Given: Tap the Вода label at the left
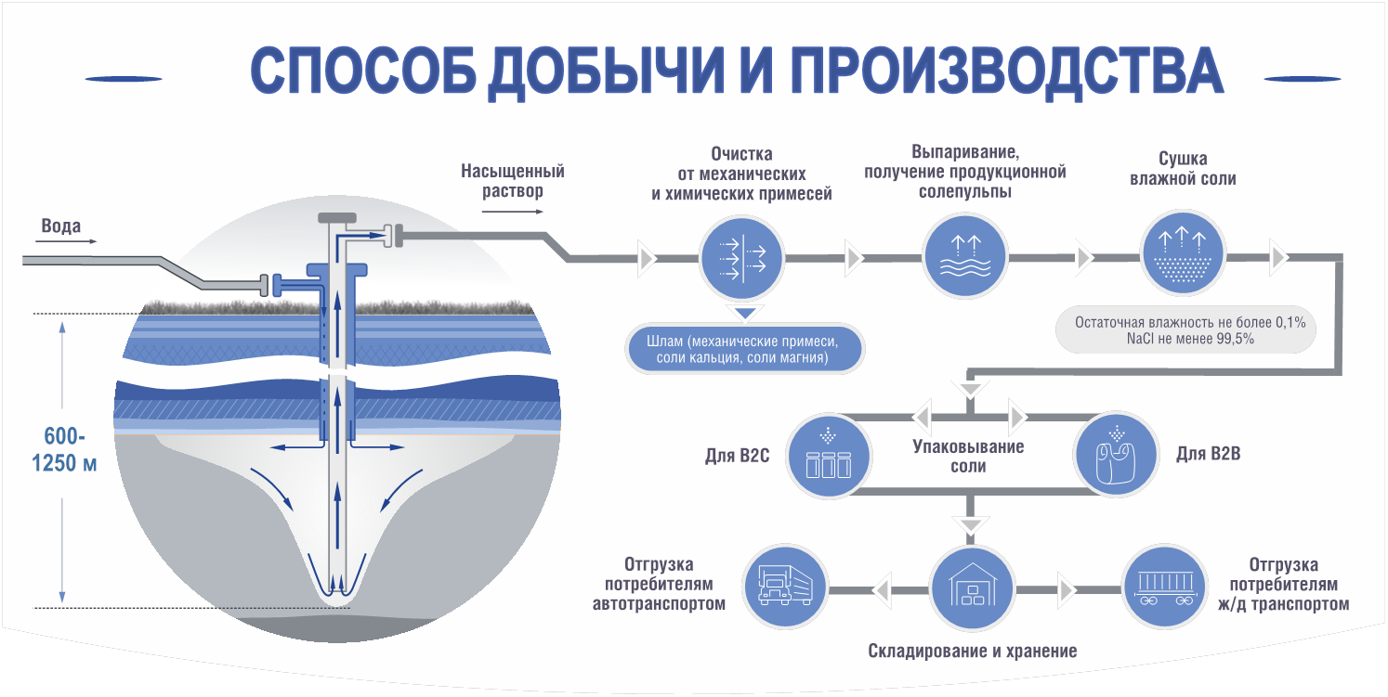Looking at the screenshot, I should point(61,226).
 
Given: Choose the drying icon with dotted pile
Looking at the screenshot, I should point(1179,257).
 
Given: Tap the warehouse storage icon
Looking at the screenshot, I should point(969,589).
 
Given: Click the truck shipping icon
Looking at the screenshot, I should point(785,589).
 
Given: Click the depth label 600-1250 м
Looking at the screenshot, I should point(63,448).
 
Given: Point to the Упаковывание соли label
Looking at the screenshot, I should point(968,457).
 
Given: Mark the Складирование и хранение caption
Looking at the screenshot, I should point(972,651).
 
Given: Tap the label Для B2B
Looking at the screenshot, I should point(1208,455).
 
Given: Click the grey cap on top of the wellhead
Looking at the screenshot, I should point(338,218).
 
